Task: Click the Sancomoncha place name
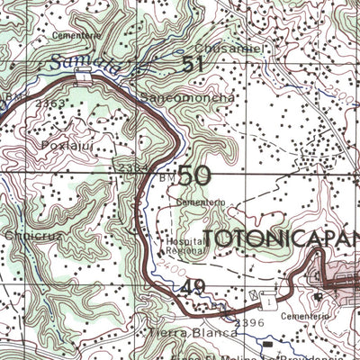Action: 188,97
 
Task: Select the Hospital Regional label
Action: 186,246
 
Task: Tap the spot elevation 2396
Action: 248,321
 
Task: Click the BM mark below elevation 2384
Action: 167,179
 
